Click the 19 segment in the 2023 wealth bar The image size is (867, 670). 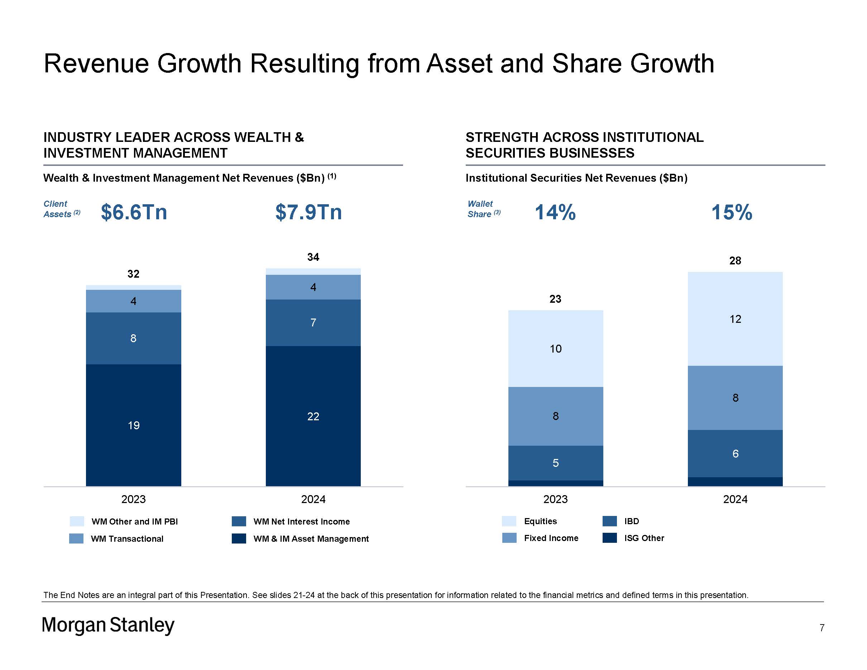pyautogui.click(x=133, y=425)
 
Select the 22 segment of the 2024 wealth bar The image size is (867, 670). pyautogui.click(x=313, y=416)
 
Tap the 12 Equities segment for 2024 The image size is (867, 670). pyautogui.click(x=735, y=319)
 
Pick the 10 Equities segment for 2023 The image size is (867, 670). pyautogui.click(x=555, y=349)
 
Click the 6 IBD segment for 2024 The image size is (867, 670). pyautogui.click(x=735, y=453)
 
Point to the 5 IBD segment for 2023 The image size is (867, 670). pyautogui.click(x=555, y=463)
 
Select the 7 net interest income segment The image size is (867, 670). pyautogui.click(x=313, y=322)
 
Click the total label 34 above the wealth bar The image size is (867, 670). pyautogui.click(x=313, y=257)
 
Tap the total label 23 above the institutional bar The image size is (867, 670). pyautogui.click(x=555, y=299)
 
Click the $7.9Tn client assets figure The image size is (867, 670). pyautogui.click(x=308, y=212)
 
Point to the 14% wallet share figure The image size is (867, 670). pyautogui.click(x=555, y=212)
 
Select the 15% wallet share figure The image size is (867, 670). pyautogui.click(x=732, y=212)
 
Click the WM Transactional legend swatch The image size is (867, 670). pyautogui.click(x=76, y=539)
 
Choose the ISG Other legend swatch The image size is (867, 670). pyautogui.click(x=609, y=538)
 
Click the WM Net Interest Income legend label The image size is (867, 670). pyautogui.click(x=301, y=522)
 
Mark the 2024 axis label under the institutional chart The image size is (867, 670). pyautogui.click(x=735, y=499)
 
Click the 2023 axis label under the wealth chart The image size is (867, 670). pyautogui.click(x=133, y=499)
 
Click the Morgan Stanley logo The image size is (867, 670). pyautogui.click(x=108, y=625)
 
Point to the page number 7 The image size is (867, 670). pyautogui.click(x=822, y=627)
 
